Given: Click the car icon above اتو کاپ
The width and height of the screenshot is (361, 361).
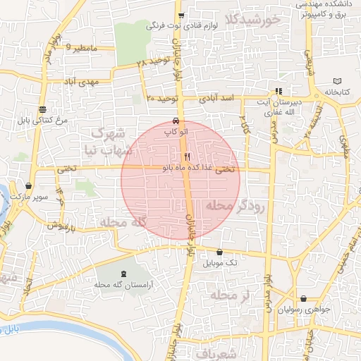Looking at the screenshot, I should click(x=175, y=121).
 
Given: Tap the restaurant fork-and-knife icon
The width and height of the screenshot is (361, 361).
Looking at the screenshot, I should click(x=187, y=157).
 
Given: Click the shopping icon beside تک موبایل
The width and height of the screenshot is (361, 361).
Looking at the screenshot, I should click(x=219, y=252).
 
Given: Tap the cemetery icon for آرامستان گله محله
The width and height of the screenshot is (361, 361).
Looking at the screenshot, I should click(x=125, y=273).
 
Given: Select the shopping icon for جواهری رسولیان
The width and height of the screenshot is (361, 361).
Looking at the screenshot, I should click(x=303, y=298).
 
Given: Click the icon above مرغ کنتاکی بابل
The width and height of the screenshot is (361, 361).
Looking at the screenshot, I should click(x=43, y=109).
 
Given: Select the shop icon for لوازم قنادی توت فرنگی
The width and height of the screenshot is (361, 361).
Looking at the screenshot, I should click(x=181, y=15).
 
